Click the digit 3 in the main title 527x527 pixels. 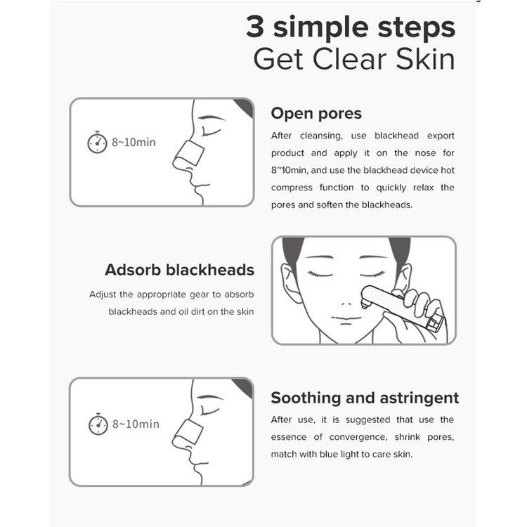click(x=255, y=27)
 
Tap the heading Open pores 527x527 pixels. click(x=316, y=114)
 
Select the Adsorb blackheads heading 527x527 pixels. click(x=179, y=270)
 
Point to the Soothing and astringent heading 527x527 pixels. click(x=365, y=398)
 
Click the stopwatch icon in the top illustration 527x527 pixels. click(x=97, y=142)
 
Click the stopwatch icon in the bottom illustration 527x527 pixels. click(x=98, y=424)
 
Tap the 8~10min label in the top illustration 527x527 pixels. click(x=134, y=142)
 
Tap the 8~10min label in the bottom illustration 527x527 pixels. click(x=136, y=424)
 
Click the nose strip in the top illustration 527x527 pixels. click(x=190, y=153)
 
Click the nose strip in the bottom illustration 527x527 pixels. click(x=190, y=434)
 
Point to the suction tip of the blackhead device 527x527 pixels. click(x=364, y=304)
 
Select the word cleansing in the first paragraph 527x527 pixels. click(x=321, y=136)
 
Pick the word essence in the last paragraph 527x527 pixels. click(x=289, y=437)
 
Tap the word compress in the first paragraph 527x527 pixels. click(x=292, y=188)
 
